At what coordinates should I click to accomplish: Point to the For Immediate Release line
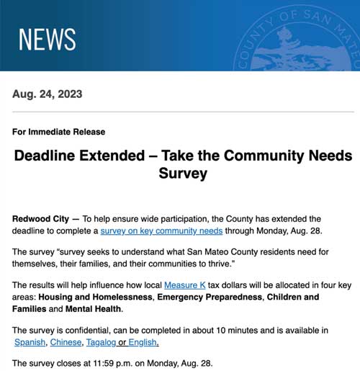click(x=59, y=132)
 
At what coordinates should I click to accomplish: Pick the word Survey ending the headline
click(x=183, y=174)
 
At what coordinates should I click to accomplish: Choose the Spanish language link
click(x=30, y=342)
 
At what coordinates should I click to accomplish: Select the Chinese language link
click(x=66, y=342)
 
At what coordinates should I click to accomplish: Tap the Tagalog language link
click(x=102, y=342)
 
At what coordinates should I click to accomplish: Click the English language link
click(x=143, y=342)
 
